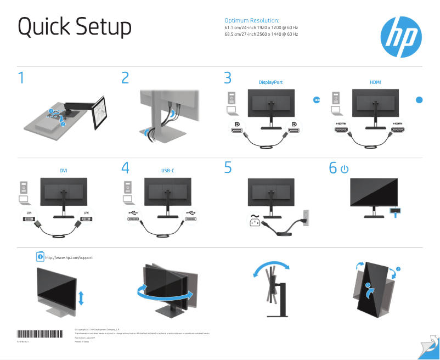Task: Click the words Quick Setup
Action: (75, 27)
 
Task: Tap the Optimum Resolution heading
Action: (252, 20)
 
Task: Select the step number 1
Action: (21, 78)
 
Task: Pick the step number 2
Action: (125, 78)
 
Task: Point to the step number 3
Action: (228, 78)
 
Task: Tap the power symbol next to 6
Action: (344, 169)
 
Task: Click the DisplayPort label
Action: (270, 82)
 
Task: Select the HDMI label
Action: (375, 82)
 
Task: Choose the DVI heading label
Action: (64, 171)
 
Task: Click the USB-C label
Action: (168, 171)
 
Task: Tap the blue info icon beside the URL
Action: (40, 257)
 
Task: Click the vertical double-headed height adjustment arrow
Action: (81, 298)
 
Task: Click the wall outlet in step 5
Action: (306, 216)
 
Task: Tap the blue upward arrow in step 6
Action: (394, 213)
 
